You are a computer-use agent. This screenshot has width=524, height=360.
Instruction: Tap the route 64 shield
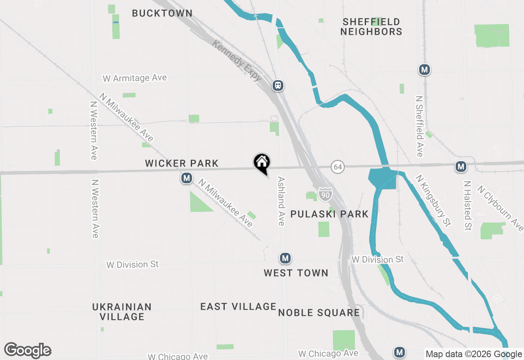337,167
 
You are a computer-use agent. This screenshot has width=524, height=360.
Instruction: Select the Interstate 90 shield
325,194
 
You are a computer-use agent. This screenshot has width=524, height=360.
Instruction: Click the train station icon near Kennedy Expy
278,85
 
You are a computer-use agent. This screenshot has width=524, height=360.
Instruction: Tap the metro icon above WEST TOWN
285,258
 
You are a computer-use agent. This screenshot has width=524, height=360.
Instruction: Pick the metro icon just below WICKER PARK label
187,178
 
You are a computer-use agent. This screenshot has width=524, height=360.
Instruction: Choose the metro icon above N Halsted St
461,166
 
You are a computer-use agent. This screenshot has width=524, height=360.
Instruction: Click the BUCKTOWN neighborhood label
162,13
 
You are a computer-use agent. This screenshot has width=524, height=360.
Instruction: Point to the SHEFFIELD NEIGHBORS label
371,27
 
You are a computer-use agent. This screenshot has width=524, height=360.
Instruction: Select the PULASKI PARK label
330,214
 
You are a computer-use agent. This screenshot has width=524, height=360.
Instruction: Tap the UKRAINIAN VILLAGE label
122,312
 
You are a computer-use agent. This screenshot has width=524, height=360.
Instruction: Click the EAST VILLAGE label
238,306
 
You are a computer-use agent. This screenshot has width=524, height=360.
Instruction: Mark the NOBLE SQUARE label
319,313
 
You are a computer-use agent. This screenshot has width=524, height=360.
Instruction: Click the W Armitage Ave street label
135,78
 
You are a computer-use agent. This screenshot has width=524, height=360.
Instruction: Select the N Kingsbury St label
433,200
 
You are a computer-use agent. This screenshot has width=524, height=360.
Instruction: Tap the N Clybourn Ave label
501,209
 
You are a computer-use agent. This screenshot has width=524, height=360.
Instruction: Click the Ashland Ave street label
281,201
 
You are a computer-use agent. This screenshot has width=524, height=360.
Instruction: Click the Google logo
27,351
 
